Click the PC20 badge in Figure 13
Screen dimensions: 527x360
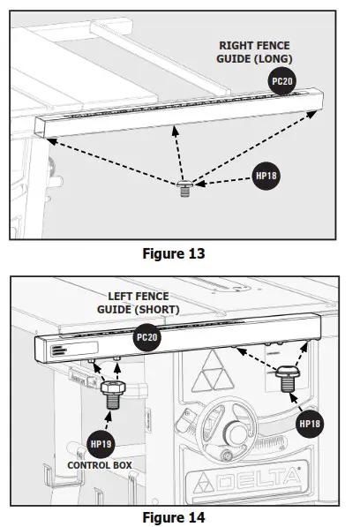point(281,80)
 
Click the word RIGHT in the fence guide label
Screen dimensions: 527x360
point(238,46)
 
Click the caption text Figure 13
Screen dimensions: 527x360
point(174,253)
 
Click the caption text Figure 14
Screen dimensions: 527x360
point(174,516)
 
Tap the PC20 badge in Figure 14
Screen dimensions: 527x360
point(146,337)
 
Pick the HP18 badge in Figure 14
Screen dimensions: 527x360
point(310,423)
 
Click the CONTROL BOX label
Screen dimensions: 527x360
point(101,463)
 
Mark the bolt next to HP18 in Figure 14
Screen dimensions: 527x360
point(288,377)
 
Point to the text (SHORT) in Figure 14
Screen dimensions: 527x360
point(159,310)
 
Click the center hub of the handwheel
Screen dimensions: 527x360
point(236,434)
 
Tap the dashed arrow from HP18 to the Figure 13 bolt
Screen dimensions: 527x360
point(225,181)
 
